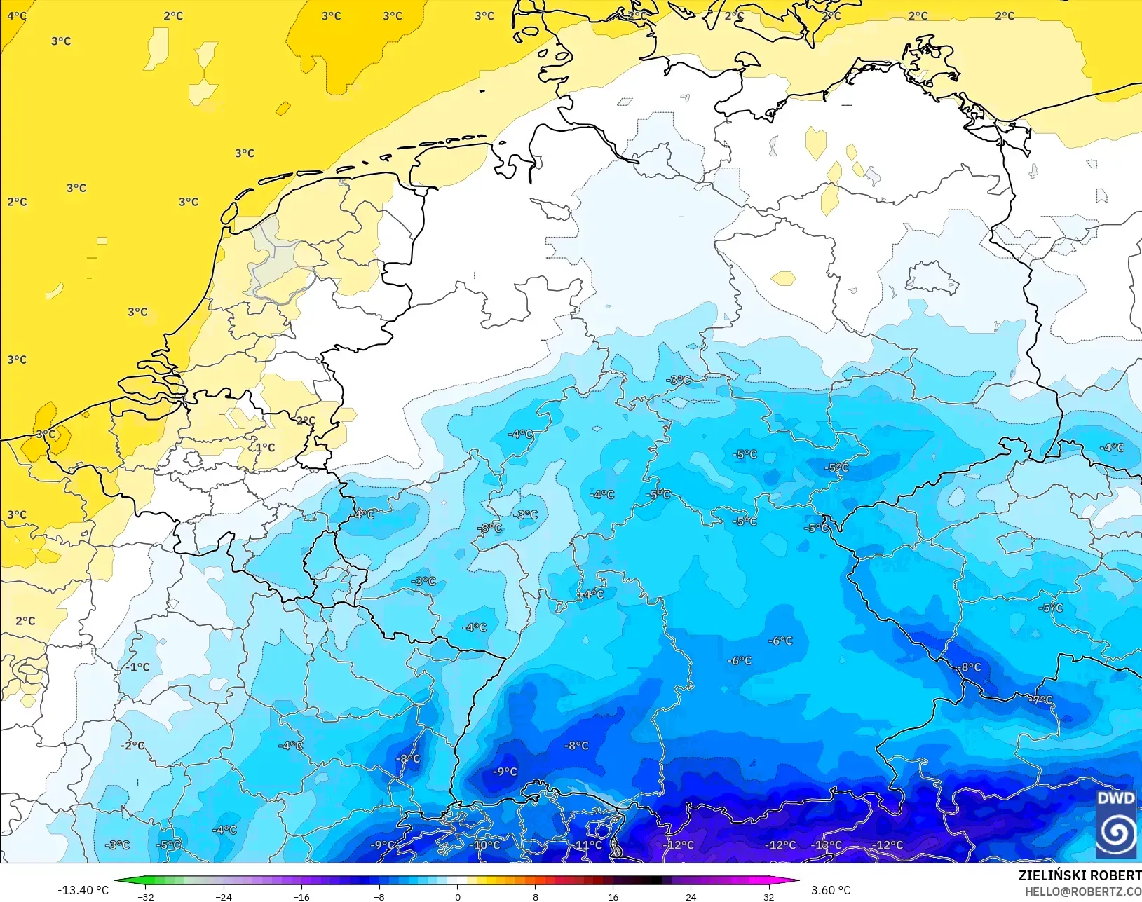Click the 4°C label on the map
point(17,15)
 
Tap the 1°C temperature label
point(265,447)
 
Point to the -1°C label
point(138,667)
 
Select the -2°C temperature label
point(132,745)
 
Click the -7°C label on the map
point(1040,699)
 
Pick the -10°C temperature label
point(486,845)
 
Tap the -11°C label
point(587,845)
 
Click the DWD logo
point(1116,823)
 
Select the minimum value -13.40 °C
point(83,890)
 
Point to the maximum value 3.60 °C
point(831,890)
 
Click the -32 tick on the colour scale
point(146,896)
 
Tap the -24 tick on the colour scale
point(224,896)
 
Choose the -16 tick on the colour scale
point(301,896)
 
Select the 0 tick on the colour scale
point(458,896)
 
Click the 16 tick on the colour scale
point(613,896)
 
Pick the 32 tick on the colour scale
point(769,896)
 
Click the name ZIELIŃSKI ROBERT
point(1080,875)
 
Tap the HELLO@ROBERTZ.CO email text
point(1083,891)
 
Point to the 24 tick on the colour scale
point(691,896)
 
